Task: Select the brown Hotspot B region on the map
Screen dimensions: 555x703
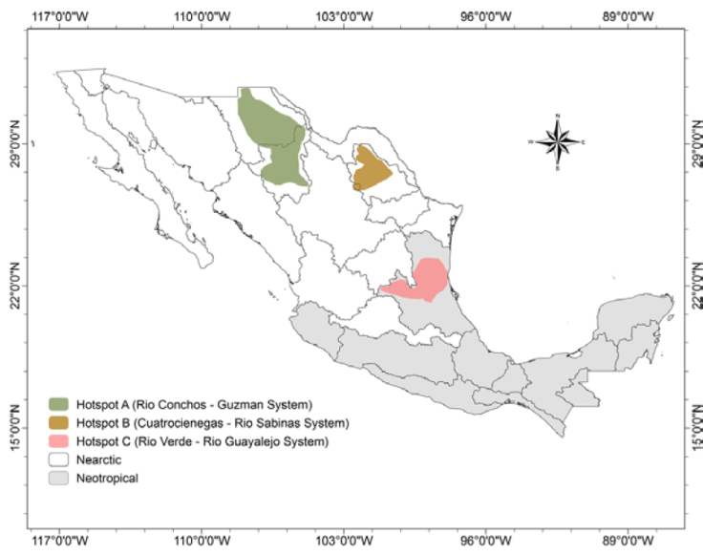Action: point(371,170)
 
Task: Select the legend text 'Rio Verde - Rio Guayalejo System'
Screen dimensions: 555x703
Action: point(239,441)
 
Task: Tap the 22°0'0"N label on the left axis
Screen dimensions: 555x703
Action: point(14,286)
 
